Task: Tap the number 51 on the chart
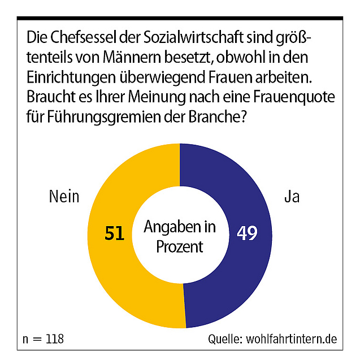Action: pyautogui.click(x=115, y=233)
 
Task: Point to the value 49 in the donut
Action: pyautogui.click(x=246, y=233)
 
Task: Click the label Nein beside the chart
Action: pyautogui.click(x=64, y=197)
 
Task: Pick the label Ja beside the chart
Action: pyautogui.click(x=292, y=197)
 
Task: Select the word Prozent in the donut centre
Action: pyautogui.click(x=180, y=247)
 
